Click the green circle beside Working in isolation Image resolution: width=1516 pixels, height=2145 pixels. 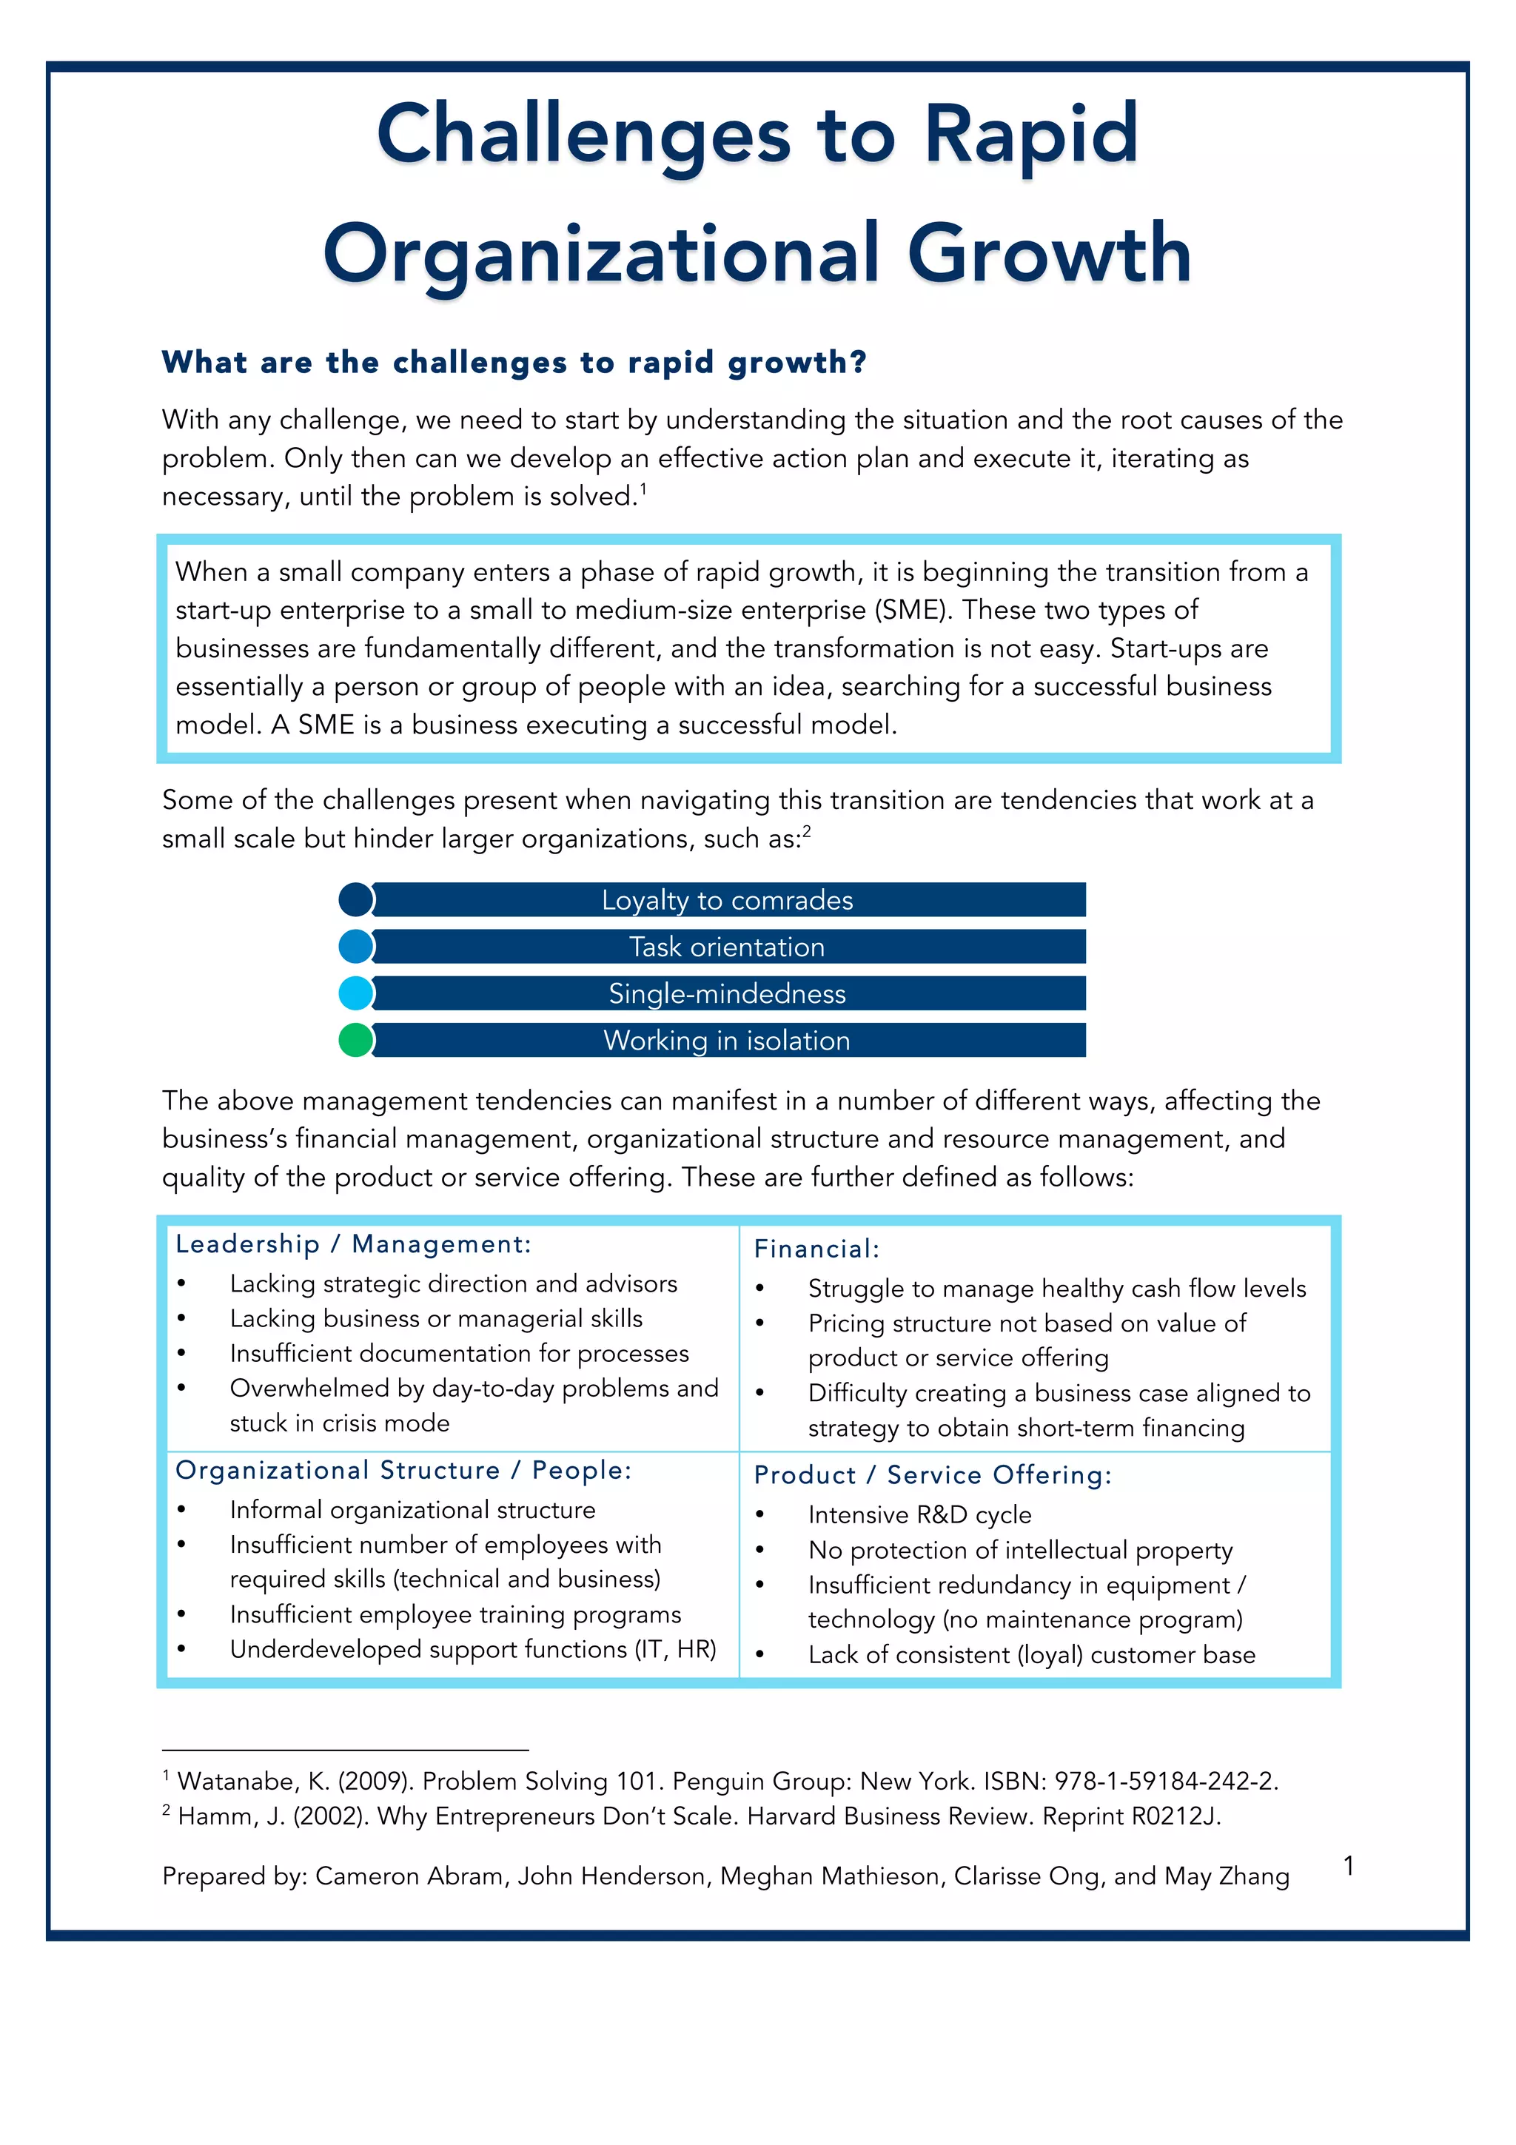pos(355,1040)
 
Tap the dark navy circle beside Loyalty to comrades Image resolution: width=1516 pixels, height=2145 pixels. pos(355,899)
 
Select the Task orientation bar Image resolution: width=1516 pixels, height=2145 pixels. pos(727,947)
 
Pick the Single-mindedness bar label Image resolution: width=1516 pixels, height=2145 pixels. pos(727,993)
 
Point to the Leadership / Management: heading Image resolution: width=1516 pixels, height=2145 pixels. pos(353,1243)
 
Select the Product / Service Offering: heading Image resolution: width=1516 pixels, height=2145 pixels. pos(932,1474)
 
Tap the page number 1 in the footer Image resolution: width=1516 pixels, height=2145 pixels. pos(1348,1866)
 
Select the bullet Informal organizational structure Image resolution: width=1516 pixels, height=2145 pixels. pos(412,1510)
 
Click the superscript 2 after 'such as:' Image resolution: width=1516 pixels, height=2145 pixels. pos(807,830)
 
